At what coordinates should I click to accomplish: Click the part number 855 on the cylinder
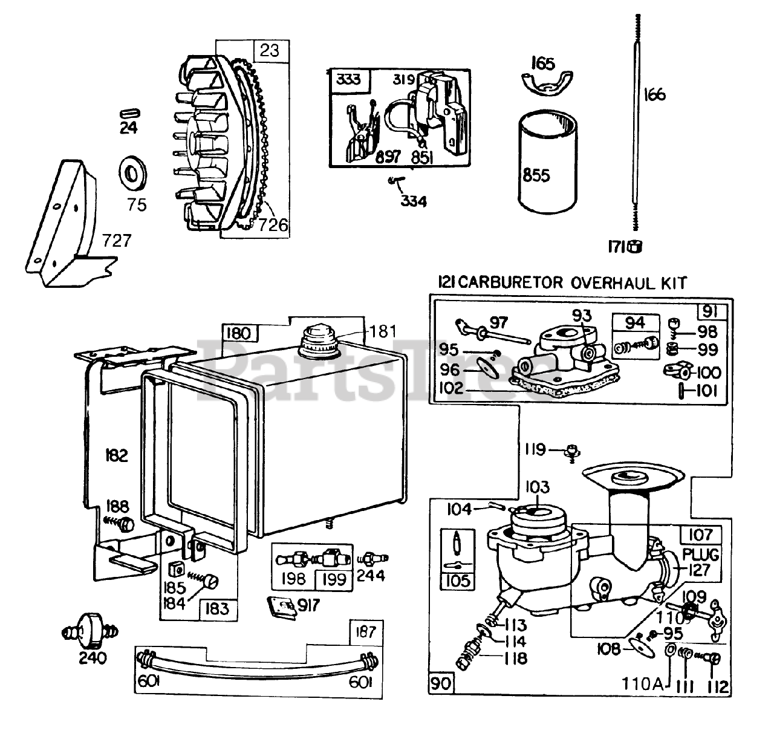[x=536, y=175]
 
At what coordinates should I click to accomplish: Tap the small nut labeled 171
[x=636, y=247]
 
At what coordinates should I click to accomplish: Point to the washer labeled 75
[x=133, y=173]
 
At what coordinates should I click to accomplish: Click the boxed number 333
[x=349, y=80]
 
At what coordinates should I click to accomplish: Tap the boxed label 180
[x=238, y=333]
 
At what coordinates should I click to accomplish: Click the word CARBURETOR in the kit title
[x=512, y=282]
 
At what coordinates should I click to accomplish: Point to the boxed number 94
[x=635, y=323]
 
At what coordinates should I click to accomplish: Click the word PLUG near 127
[x=701, y=555]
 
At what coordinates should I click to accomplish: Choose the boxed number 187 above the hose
[x=366, y=632]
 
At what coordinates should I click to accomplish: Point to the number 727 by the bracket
[x=117, y=241]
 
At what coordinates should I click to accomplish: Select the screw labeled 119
[x=573, y=453]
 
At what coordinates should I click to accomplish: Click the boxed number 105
[x=458, y=581]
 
